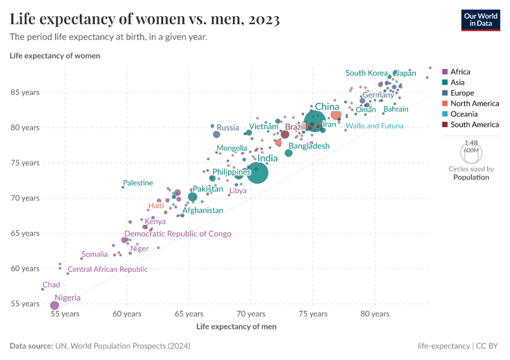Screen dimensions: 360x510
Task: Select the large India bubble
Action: [x=258, y=173]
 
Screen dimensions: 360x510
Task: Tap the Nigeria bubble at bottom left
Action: [x=55, y=305]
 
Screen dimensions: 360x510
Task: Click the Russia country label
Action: [x=228, y=127]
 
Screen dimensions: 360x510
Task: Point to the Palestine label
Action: [x=138, y=183]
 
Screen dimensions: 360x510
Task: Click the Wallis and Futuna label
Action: [x=374, y=126]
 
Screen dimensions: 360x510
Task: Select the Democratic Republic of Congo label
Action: [x=178, y=234]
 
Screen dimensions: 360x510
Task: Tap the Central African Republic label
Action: [x=107, y=269]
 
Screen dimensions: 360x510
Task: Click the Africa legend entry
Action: [x=460, y=71]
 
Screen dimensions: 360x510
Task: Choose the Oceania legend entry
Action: [x=464, y=114]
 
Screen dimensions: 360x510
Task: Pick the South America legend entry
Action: [x=474, y=125]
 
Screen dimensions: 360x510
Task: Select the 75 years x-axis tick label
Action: [x=313, y=314]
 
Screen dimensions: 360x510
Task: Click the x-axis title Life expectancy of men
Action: [x=236, y=326]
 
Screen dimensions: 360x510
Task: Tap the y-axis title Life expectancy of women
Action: [x=55, y=56]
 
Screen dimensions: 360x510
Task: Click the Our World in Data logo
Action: [x=481, y=19]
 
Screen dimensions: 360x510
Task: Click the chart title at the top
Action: [x=145, y=20]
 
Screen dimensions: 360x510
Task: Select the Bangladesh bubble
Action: [x=289, y=153]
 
